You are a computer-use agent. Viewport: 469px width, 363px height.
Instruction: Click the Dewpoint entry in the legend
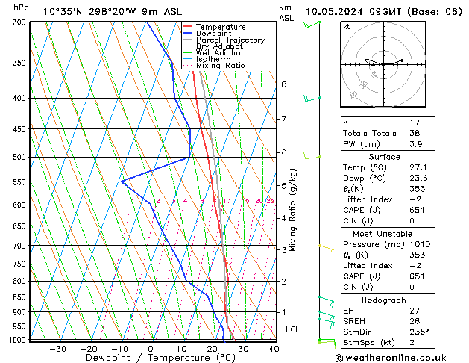point(220,34)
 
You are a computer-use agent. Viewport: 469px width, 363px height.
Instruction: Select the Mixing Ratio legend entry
point(220,66)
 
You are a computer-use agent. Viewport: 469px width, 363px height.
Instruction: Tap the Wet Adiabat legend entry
point(220,53)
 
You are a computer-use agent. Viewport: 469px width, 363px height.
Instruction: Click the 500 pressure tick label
point(19,158)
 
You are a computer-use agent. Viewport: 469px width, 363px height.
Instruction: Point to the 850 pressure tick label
point(19,297)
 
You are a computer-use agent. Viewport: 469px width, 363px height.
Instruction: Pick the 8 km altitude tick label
point(283,84)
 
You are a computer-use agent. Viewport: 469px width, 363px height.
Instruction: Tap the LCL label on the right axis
point(293,329)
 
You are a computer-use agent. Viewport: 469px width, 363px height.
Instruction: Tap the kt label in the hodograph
point(347,27)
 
